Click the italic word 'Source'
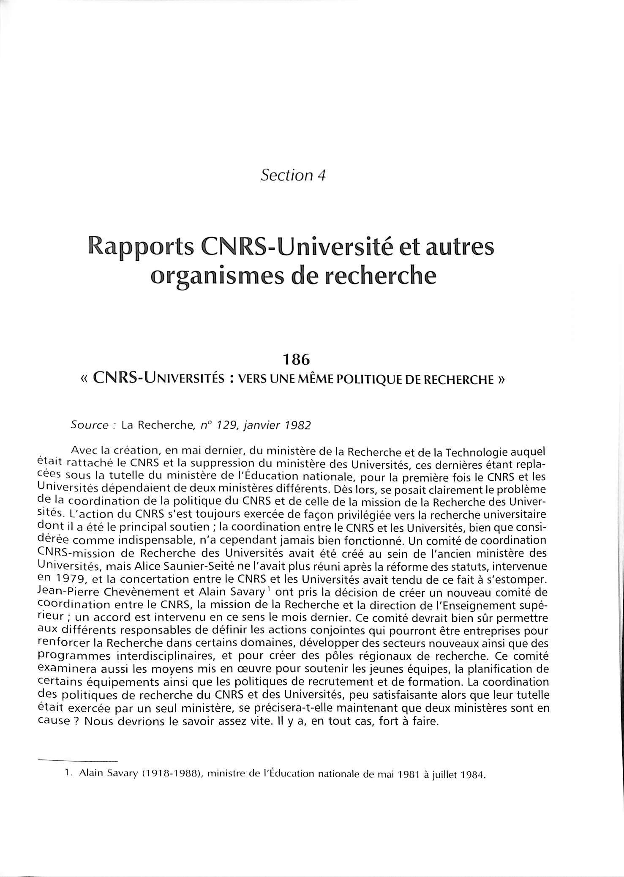[x=90, y=425]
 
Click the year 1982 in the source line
[x=297, y=425]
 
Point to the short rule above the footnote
[x=78, y=761]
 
